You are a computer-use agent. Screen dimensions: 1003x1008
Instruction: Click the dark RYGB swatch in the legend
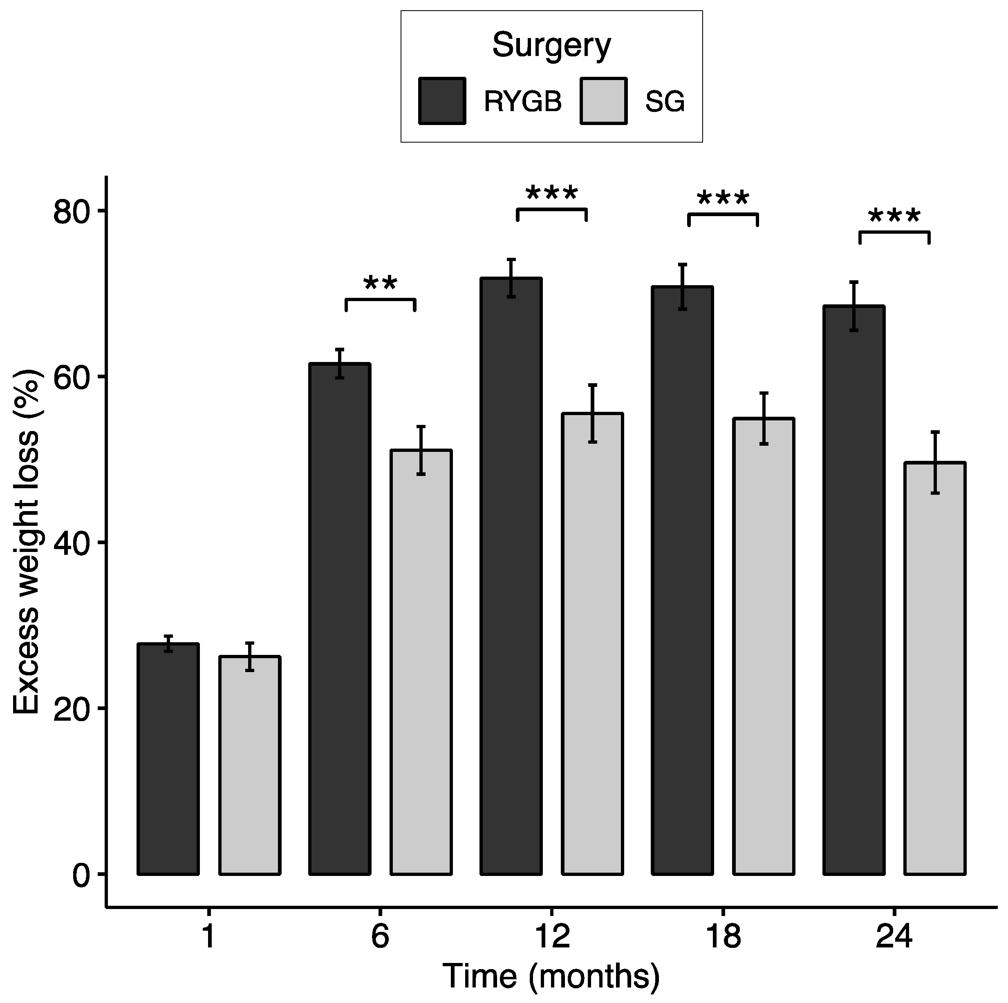[x=442, y=101]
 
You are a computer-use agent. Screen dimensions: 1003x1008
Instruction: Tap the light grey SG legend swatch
[x=603, y=101]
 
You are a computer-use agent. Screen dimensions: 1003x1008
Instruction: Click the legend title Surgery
[x=551, y=45]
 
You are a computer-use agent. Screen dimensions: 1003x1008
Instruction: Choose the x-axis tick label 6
[x=380, y=937]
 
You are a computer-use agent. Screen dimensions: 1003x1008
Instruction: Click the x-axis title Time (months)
[x=551, y=977]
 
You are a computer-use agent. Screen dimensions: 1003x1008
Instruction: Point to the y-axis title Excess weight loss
[x=26, y=543]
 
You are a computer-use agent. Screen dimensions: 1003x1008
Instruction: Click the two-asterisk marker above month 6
[x=380, y=284]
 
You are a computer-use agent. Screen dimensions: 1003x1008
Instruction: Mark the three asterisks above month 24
[x=894, y=217]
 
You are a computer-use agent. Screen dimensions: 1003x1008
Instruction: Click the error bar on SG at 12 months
[x=592, y=413]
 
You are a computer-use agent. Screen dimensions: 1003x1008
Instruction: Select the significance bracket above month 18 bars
[x=723, y=214]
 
